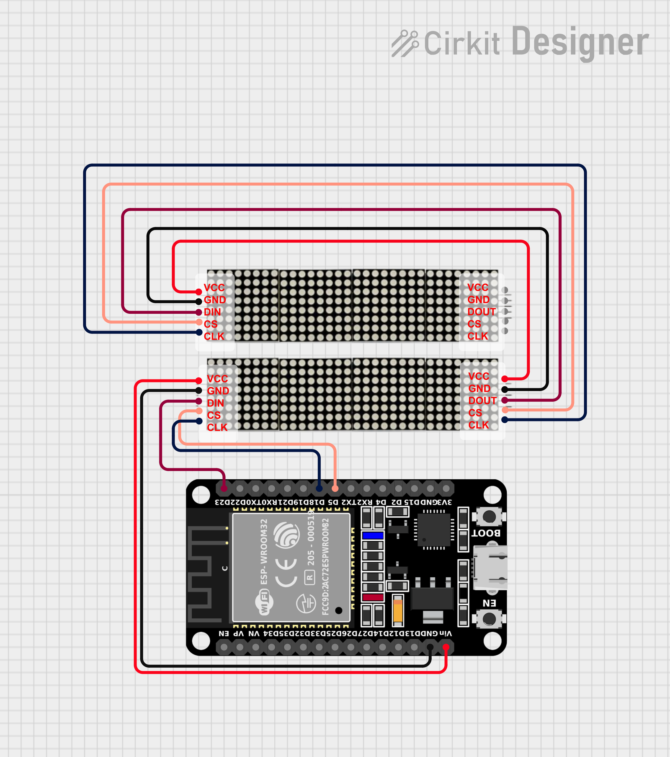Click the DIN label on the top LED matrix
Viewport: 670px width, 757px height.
click(212, 312)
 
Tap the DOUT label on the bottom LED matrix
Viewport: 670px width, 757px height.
click(482, 401)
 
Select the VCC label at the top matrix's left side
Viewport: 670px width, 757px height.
click(214, 288)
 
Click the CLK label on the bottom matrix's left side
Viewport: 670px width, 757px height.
click(217, 428)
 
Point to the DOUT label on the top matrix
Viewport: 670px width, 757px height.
click(482, 312)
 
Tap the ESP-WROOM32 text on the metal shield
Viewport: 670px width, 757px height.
click(264, 552)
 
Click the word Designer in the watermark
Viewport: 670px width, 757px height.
click(580, 42)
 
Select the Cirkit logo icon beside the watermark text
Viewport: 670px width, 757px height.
click(405, 43)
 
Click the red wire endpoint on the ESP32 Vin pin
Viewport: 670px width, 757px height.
click(446, 648)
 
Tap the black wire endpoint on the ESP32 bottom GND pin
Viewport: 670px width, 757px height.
click(430, 648)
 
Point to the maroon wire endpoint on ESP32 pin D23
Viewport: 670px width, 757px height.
click(224, 488)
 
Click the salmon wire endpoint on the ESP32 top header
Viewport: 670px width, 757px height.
click(335, 488)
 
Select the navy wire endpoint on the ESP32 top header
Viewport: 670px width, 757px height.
click(319, 488)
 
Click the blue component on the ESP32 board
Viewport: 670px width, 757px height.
click(373, 535)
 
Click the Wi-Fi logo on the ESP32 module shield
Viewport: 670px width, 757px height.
click(264, 602)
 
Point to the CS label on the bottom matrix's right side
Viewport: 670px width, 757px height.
click(475, 413)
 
